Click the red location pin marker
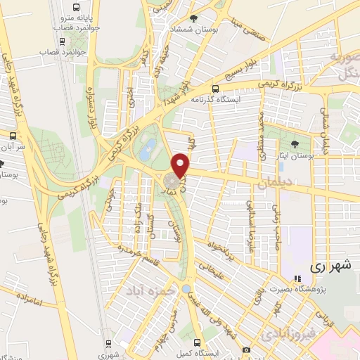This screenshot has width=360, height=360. (x=181, y=165)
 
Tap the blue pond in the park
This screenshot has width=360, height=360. (x=148, y=148)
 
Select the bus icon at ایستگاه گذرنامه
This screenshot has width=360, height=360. (x=215, y=89)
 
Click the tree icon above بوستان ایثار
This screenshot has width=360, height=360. (x=294, y=144)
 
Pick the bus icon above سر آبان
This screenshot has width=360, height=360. (x=13, y=135)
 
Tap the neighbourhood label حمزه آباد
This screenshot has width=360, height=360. (x=146, y=289)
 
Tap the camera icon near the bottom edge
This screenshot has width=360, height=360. (x=246, y=349)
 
